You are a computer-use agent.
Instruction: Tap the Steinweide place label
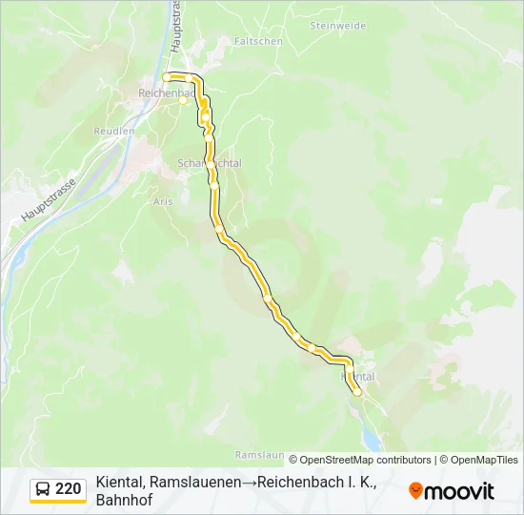tap(337, 26)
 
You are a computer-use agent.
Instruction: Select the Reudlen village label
tap(113, 130)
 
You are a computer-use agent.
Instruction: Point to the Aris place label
tap(162, 202)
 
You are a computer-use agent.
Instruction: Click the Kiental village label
tap(358, 377)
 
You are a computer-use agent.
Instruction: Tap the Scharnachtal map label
tap(209, 163)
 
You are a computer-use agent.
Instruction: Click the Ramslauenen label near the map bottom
tap(260, 455)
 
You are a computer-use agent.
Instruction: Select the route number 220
tap(68, 489)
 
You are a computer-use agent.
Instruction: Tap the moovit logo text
tap(458, 491)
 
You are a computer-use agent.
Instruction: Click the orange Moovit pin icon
tap(415, 491)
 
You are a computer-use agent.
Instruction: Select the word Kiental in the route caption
tap(119, 483)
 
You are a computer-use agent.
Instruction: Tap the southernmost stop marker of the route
tap(357, 392)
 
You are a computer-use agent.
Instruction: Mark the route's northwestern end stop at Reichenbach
tap(167, 76)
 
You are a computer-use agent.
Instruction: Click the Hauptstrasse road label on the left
tap(48, 201)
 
